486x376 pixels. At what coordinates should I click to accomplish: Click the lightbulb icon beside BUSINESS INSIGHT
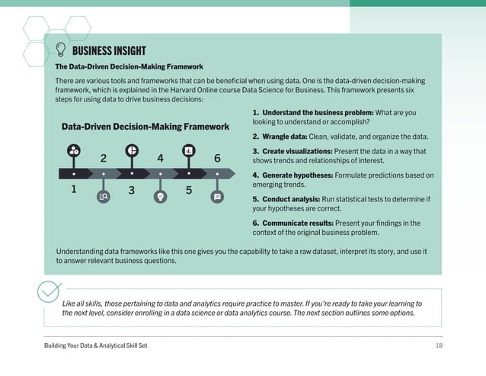click(x=60, y=50)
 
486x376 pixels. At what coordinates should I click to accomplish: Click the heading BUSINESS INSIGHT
click(x=109, y=51)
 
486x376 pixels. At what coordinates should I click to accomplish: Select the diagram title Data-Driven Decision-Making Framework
click(x=145, y=127)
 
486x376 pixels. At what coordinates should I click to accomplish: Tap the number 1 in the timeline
click(x=74, y=189)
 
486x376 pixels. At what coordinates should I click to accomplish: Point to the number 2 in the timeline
click(x=103, y=158)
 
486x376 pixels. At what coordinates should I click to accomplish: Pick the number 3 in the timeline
click(x=131, y=190)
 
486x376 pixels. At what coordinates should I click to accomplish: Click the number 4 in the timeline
click(x=160, y=158)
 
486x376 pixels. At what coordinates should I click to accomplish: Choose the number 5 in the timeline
click(x=188, y=190)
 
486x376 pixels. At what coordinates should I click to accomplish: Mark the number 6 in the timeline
click(x=217, y=158)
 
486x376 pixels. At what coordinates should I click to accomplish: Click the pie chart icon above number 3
click(x=131, y=150)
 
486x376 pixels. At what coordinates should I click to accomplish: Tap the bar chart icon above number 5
click(x=188, y=150)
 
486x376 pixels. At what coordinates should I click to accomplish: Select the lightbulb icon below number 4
click(x=160, y=197)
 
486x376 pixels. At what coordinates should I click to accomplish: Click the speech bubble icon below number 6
click(x=217, y=197)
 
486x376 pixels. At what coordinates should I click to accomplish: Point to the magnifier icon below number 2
click(x=103, y=197)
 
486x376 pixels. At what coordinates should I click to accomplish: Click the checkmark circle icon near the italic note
click(x=49, y=293)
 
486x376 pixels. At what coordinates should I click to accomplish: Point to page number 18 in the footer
click(x=438, y=346)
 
